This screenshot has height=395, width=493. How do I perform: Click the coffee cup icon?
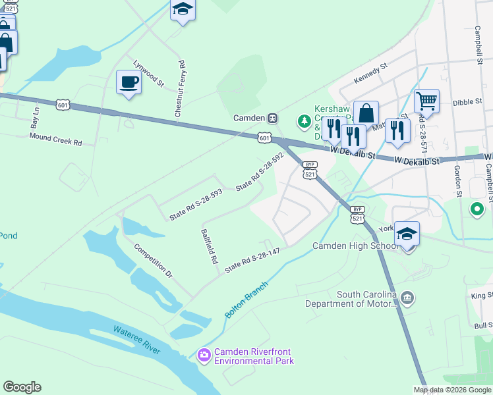click(x=129, y=82)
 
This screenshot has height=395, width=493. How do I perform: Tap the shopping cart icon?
click(x=426, y=101)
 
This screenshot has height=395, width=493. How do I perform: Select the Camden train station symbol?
click(x=271, y=118)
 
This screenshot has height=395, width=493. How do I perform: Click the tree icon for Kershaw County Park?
click(x=304, y=120)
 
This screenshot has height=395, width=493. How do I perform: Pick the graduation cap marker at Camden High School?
click(x=407, y=234)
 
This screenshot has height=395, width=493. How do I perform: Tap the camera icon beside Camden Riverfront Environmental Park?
click(x=204, y=355)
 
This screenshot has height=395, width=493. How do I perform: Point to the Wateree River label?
click(x=136, y=338)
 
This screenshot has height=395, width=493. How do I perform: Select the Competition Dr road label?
click(x=152, y=260)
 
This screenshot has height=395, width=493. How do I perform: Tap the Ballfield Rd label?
click(x=210, y=246)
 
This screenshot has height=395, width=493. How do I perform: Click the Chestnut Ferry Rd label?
click(x=179, y=90)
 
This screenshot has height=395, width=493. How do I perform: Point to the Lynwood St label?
click(x=148, y=73)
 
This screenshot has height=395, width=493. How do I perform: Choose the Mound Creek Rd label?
click(x=55, y=140)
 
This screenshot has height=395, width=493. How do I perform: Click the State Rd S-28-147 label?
click(x=252, y=260)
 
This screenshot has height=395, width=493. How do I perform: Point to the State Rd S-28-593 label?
click(x=196, y=204)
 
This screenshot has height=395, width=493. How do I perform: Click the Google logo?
click(x=22, y=387)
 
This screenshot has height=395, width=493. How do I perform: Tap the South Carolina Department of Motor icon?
click(x=408, y=298)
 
